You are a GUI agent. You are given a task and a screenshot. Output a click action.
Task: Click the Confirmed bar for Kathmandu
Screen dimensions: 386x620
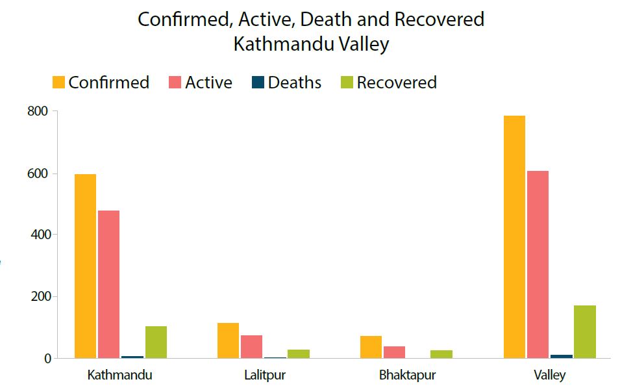[x=85, y=266]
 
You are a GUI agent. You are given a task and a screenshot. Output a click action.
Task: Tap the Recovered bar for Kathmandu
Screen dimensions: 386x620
[x=156, y=342]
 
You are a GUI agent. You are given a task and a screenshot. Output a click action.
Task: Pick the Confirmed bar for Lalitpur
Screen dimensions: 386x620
[x=228, y=341]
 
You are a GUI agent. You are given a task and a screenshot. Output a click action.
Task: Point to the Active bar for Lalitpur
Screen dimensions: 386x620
[x=251, y=346]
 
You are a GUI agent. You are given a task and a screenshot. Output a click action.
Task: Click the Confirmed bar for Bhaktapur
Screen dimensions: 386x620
[x=371, y=347]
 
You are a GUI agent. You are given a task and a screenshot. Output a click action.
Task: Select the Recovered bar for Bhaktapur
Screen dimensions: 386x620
[x=441, y=354]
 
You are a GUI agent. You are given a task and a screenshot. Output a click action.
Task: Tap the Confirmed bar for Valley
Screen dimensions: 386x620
[x=514, y=237]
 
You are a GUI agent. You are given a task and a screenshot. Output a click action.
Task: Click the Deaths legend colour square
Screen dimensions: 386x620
[x=258, y=83]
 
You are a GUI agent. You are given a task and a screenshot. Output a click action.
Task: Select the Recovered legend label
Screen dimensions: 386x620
[x=397, y=83]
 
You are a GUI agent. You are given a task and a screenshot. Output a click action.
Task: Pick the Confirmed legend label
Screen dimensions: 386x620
[x=108, y=83]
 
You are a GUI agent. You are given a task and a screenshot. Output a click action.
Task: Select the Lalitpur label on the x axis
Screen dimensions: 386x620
[x=264, y=376]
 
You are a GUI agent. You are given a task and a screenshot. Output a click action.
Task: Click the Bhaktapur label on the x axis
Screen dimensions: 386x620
[x=407, y=376]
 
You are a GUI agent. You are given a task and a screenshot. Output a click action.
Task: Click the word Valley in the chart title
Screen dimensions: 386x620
[x=363, y=44]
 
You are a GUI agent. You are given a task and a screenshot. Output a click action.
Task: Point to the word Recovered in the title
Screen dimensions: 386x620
[x=440, y=19]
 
